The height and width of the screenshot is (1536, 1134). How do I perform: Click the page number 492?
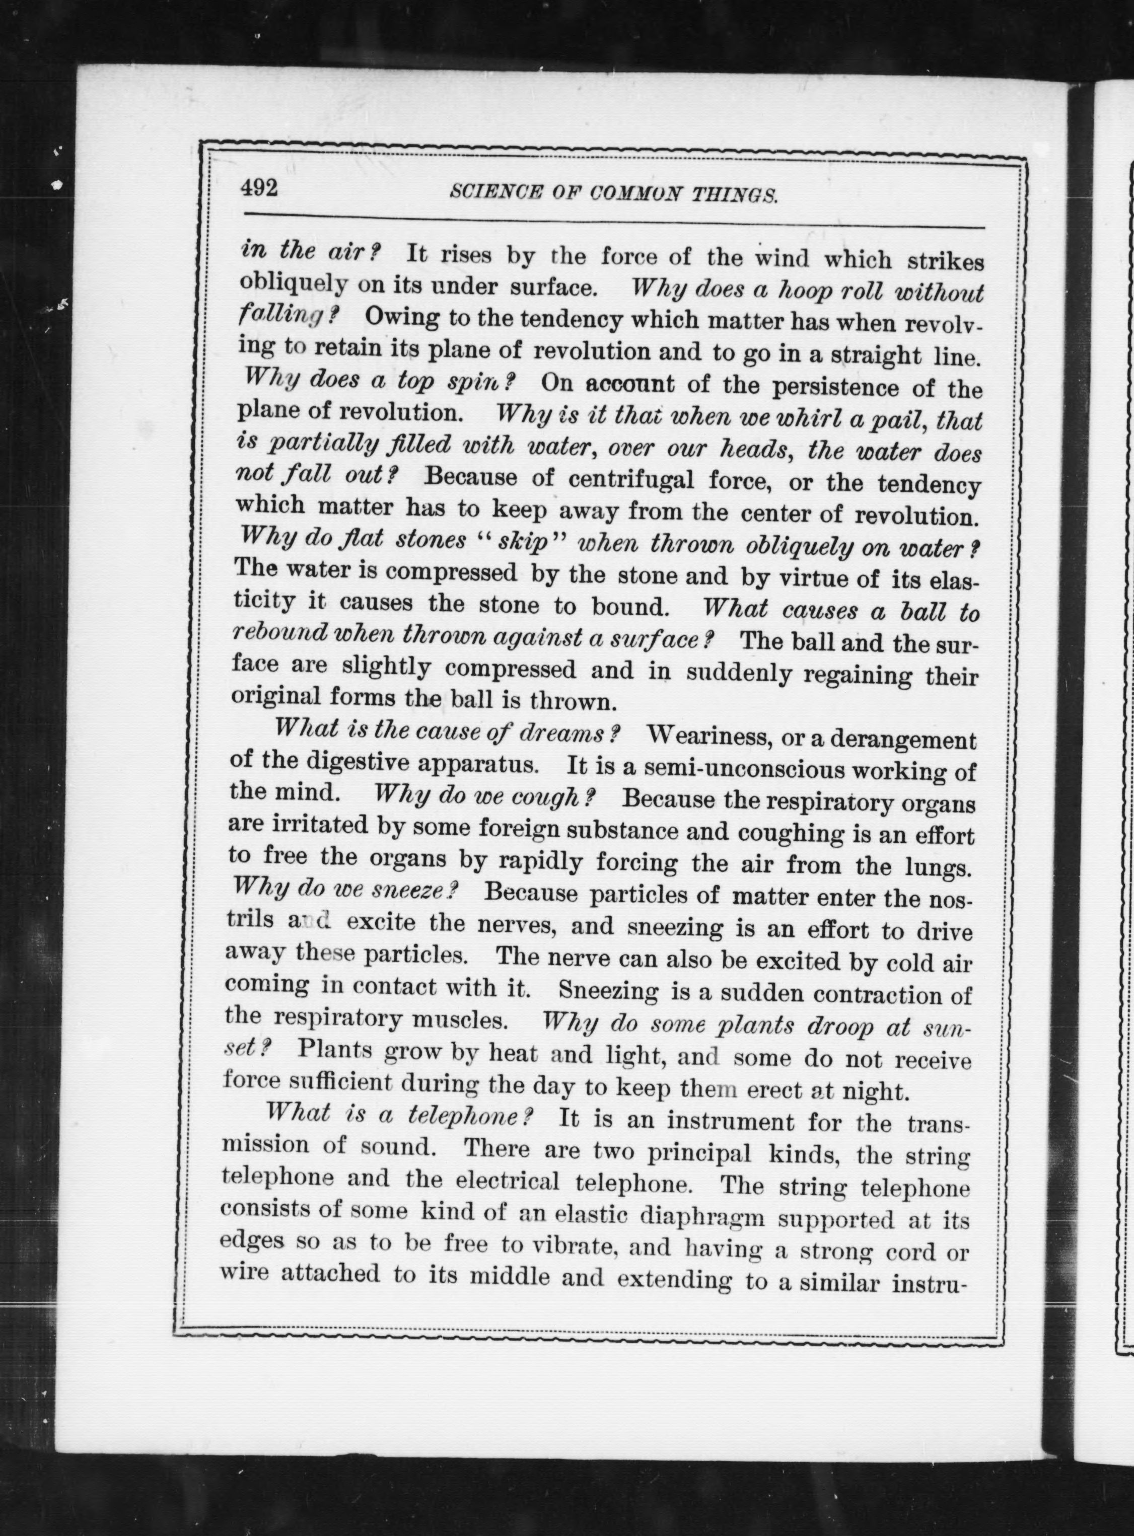coord(259,187)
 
